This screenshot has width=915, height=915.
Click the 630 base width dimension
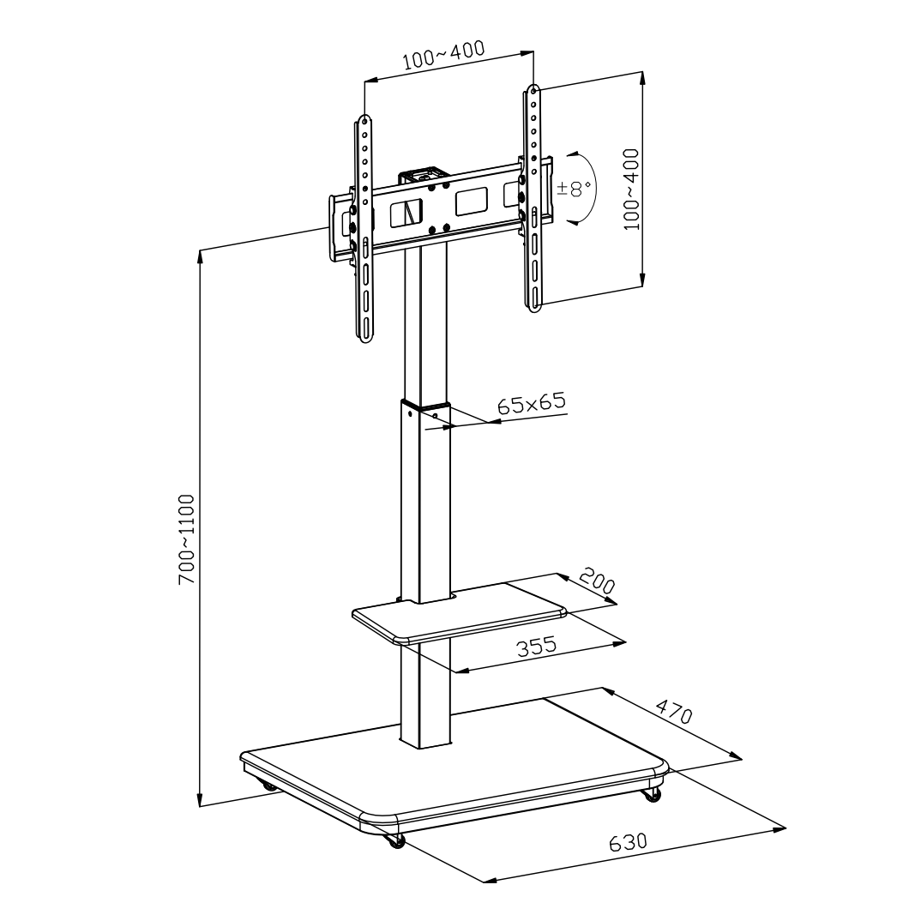click(628, 841)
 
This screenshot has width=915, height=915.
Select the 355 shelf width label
click(537, 647)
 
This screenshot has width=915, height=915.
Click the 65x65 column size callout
click(532, 404)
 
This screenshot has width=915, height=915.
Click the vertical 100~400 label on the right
click(631, 189)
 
